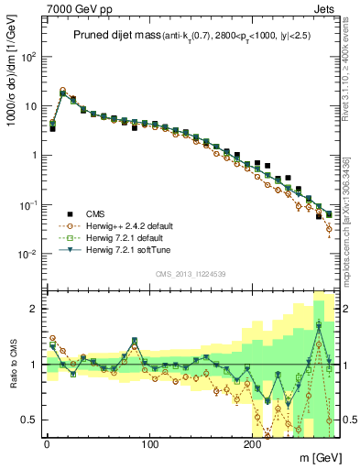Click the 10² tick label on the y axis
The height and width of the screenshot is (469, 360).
point(28,56)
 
